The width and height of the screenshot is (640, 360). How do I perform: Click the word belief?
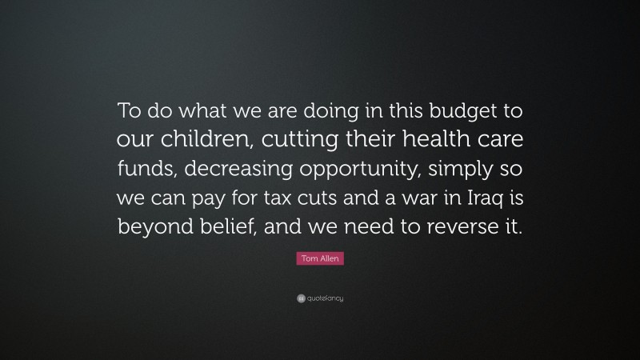tap(230, 226)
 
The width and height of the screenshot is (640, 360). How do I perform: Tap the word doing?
tap(308, 110)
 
